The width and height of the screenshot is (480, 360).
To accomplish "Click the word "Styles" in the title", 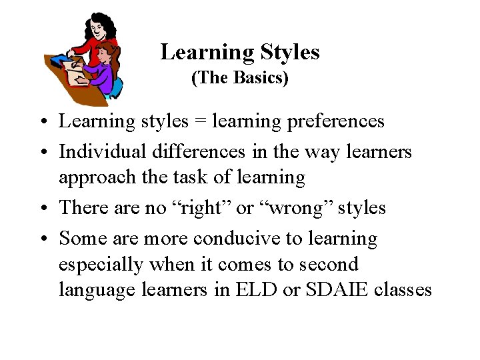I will coord(289,52).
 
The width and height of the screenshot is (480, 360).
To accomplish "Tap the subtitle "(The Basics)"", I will coord(240,78).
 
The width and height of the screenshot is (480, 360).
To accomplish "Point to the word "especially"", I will coord(101,265).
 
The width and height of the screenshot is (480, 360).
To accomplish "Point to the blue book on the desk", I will coord(61,61).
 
